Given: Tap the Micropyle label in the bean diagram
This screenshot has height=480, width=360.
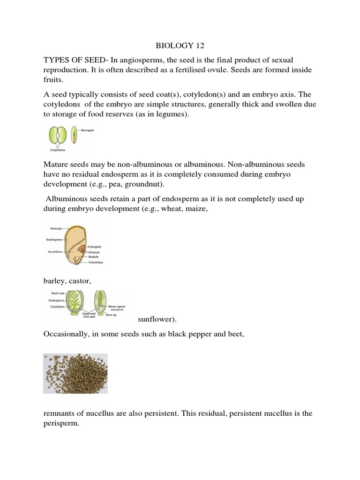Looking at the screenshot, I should (x=88, y=131).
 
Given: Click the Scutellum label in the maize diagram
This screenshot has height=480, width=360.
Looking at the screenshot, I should (x=55, y=251).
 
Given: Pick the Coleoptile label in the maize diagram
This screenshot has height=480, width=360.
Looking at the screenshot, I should (x=97, y=247).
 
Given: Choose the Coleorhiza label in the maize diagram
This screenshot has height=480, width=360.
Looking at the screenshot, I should (x=97, y=262).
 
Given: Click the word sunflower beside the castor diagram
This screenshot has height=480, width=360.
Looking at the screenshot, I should (x=157, y=320).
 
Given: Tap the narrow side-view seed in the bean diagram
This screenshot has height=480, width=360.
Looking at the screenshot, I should (x=74, y=136).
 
